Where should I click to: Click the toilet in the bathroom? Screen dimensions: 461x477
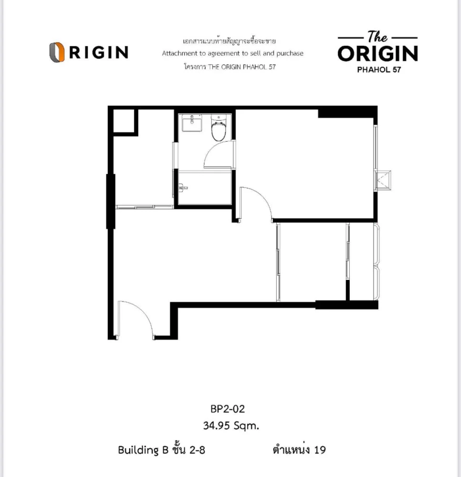(219, 128)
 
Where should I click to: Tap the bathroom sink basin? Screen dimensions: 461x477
(192, 123)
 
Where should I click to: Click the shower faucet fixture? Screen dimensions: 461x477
(182, 187)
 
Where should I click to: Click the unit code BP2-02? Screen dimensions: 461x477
(228, 409)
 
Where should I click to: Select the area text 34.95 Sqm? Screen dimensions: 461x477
(231, 425)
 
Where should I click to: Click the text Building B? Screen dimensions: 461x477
(143, 450)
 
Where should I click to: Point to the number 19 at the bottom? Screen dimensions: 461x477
(320, 450)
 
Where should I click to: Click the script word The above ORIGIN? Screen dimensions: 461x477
(377, 37)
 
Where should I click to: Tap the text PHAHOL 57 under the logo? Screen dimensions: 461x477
(379, 70)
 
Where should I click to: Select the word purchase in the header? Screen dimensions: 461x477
(290, 53)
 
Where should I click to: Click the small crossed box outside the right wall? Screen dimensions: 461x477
(383, 180)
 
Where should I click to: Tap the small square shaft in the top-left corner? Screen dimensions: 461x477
(124, 121)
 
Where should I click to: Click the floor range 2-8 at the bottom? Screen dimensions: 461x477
(197, 450)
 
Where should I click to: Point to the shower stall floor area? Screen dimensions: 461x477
(205, 187)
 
